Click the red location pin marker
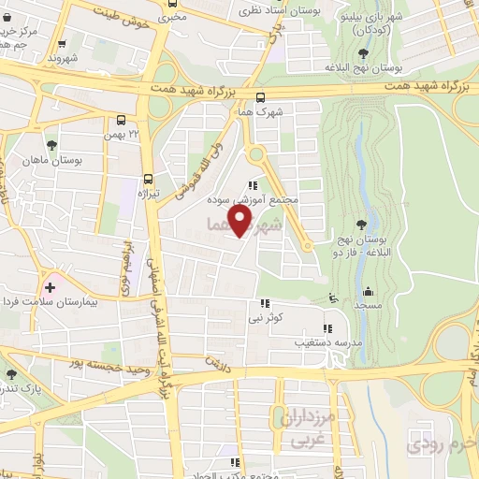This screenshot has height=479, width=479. point(240,222)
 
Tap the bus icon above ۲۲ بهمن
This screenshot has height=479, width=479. point(121,119)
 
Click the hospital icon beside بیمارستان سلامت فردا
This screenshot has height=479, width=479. point(49,286)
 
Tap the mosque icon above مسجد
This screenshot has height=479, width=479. point(368,290)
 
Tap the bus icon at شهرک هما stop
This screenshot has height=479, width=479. point(260,95)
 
